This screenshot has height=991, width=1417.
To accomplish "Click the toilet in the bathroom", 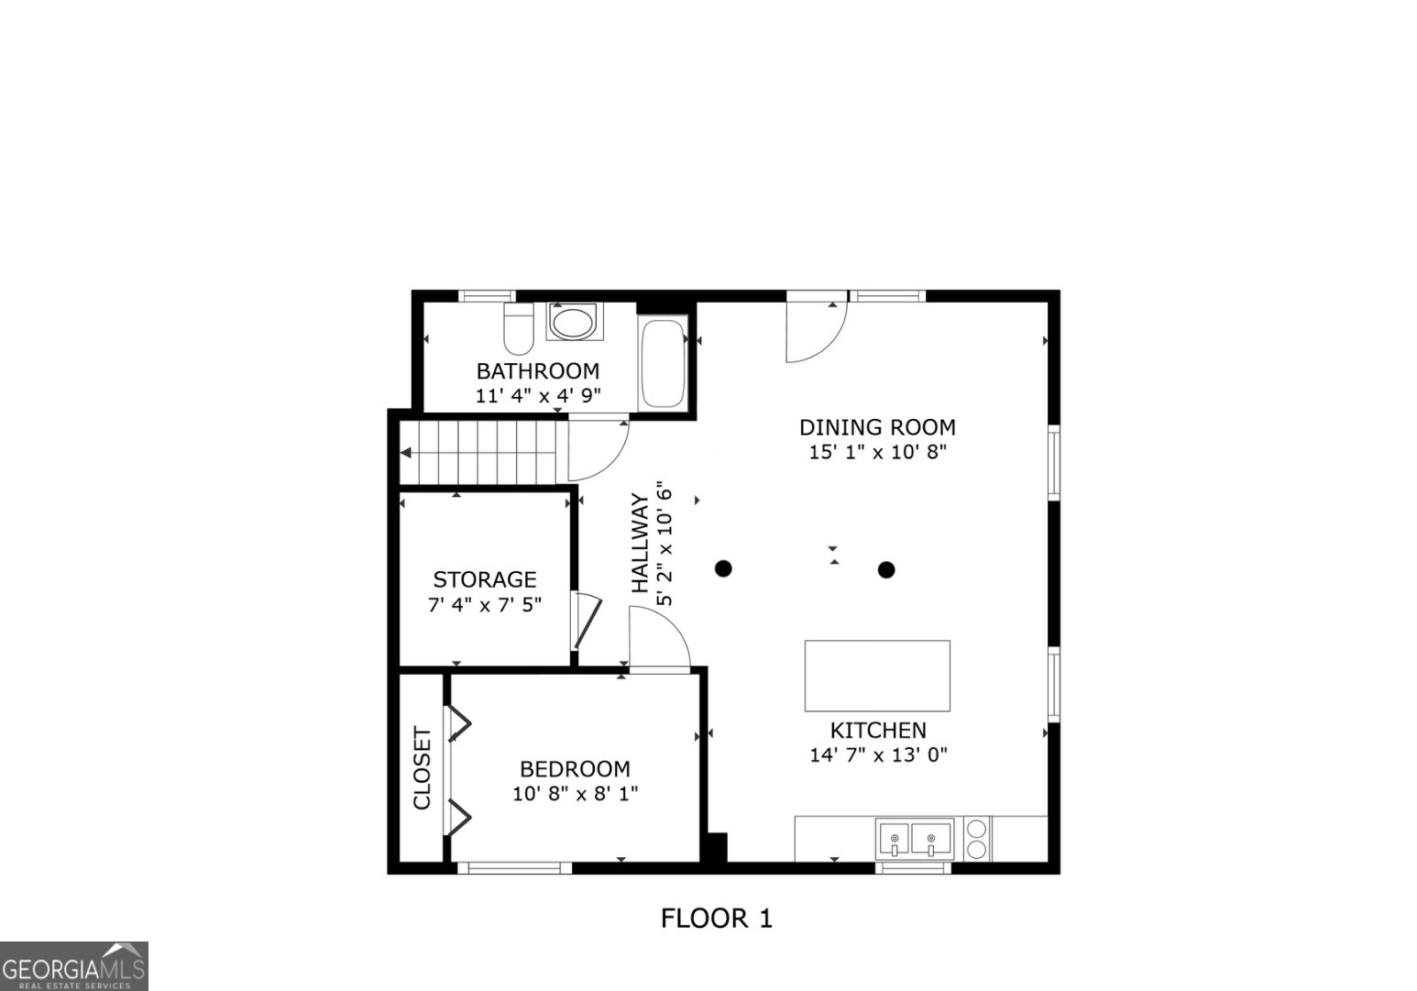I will click(519, 329).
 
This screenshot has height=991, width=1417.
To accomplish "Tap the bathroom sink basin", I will click(575, 323).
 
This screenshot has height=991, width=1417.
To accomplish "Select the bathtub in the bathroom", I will click(664, 363).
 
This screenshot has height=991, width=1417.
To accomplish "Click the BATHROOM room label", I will click(537, 371).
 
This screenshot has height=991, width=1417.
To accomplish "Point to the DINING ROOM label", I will click(877, 427).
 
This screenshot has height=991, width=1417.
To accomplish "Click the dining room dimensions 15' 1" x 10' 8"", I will click(877, 452).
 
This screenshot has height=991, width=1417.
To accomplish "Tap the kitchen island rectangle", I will click(877, 676).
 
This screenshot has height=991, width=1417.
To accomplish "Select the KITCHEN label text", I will click(878, 731).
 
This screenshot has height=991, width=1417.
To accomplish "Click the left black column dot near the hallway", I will click(723, 568).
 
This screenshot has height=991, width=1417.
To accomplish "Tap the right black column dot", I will click(885, 569).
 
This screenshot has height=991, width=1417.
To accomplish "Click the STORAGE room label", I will click(484, 579).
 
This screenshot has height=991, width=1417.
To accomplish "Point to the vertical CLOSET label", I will click(422, 768).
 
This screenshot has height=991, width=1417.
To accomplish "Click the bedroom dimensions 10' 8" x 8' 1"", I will click(575, 794).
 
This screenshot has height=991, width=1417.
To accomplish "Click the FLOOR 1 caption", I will click(717, 918).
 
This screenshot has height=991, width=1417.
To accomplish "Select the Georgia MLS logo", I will click(73, 966).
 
